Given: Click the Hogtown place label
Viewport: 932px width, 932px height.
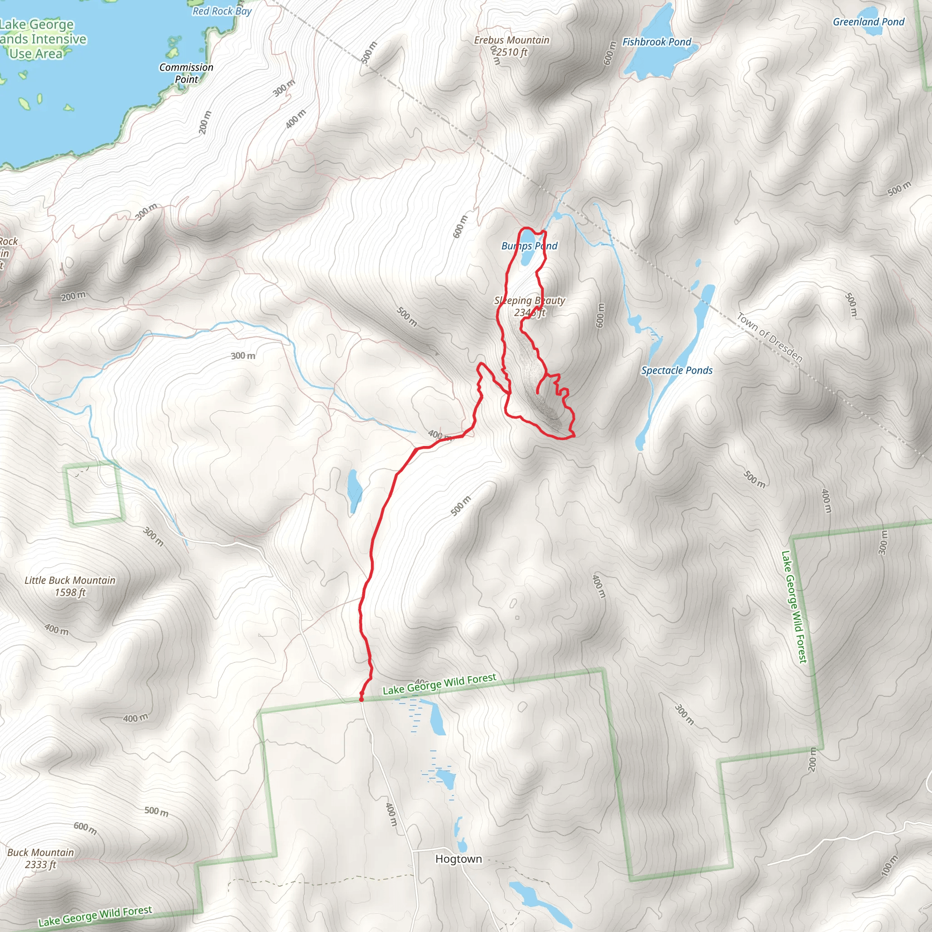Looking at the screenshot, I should tap(458, 859).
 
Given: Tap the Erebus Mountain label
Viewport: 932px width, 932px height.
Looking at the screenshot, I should tap(512, 41).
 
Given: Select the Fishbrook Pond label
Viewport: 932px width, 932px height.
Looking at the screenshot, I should tap(657, 42).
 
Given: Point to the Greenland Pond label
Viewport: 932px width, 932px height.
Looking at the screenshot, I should tap(868, 22).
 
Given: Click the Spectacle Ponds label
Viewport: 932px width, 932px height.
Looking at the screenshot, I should tap(676, 370).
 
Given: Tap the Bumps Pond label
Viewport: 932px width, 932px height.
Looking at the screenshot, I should tap(529, 246).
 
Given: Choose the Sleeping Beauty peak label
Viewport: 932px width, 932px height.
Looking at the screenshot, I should tap(529, 300).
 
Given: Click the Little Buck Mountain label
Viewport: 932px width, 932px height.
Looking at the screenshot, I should tap(70, 580).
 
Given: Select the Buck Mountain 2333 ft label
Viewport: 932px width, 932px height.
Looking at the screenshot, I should tap(41, 858).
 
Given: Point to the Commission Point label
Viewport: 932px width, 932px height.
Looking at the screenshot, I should tap(186, 73).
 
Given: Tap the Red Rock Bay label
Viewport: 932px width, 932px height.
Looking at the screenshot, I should tap(222, 11).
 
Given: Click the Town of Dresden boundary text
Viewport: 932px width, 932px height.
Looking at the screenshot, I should tap(770, 337).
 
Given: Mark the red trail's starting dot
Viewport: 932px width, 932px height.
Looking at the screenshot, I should tap(361, 699).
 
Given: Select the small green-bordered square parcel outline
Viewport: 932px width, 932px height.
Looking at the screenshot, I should tap(95, 494).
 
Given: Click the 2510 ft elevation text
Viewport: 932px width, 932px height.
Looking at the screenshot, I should tap(512, 52).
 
